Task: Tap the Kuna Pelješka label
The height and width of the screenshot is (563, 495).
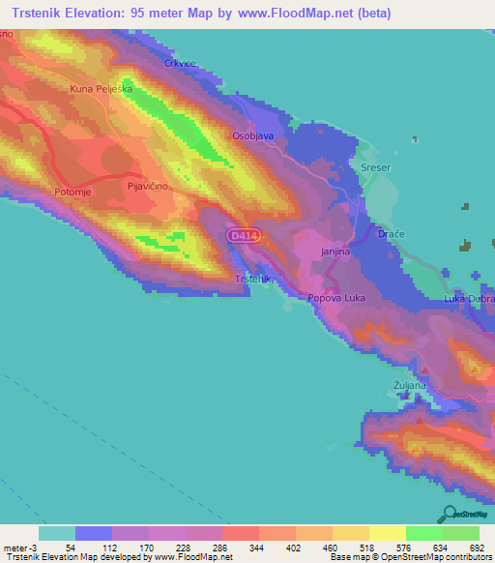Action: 100,89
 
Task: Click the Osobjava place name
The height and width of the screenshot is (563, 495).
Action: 254,136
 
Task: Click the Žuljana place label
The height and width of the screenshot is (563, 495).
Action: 410,385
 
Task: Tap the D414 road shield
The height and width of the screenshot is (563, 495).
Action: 243,235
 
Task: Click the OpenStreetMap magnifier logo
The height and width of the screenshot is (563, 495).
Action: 451,515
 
